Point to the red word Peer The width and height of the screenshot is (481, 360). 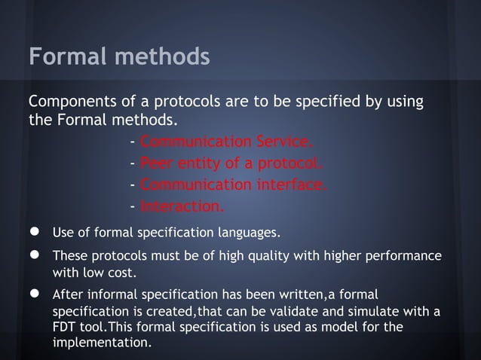tap(156, 164)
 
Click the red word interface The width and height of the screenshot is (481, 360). tap(290, 185)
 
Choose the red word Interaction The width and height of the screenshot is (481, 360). tap(182, 206)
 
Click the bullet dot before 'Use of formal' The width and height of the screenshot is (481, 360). tap(34, 230)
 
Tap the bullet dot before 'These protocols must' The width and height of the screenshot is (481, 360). tap(34, 255)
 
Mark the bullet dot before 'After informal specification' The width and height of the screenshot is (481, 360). tap(34, 293)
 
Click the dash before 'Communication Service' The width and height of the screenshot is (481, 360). tap(133, 143)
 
